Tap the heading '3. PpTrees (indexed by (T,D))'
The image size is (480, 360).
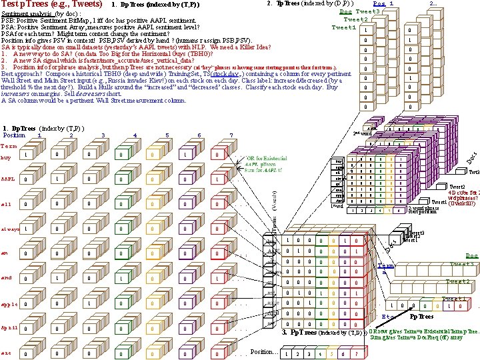[322, 332]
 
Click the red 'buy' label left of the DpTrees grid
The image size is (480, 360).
[6, 157]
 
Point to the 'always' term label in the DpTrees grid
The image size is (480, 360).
[10, 229]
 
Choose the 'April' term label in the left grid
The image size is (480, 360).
[9, 328]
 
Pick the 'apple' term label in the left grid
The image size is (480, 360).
[9, 303]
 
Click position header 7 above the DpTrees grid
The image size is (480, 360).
[231, 135]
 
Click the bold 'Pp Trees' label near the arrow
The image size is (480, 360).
[421, 317]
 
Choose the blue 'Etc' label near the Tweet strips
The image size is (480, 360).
[387, 316]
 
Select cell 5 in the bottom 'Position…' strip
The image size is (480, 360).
[332, 353]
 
